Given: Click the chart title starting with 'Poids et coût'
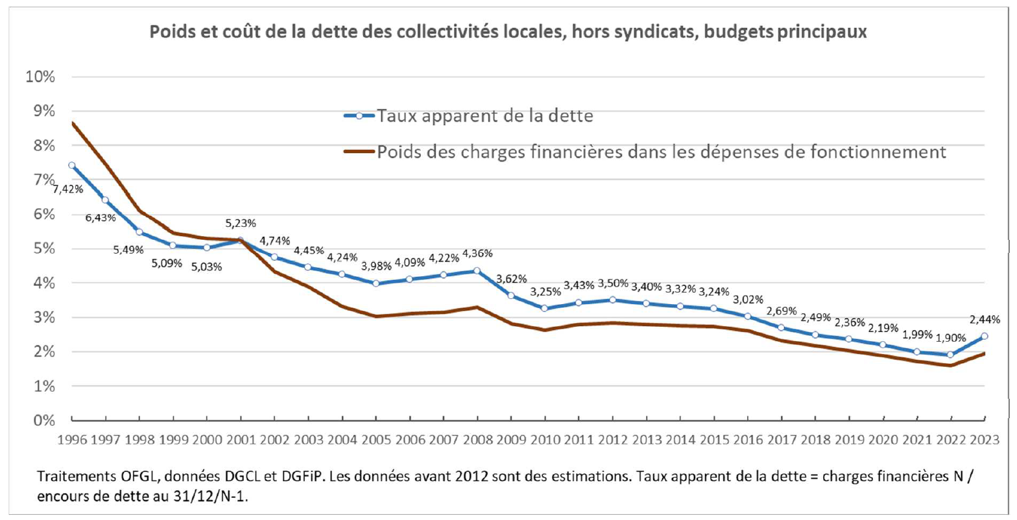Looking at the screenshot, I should tap(508, 32).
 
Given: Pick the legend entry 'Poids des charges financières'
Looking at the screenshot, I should tap(662, 152).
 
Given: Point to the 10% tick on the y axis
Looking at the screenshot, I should tap(40, 77).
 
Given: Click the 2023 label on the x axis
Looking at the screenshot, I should tap(986, 440).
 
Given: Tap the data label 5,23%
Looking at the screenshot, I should tap(241, 223).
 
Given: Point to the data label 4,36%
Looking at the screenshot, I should tap(477, 253).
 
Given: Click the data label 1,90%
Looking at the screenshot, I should tap(951, 337).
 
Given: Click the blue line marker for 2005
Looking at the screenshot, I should tap(376, 283).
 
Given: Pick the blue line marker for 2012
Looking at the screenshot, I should tap(613, 300).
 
